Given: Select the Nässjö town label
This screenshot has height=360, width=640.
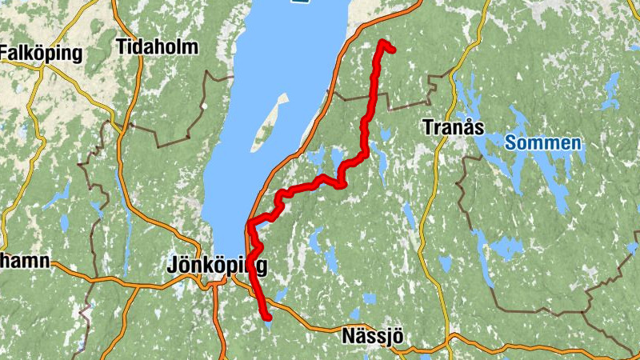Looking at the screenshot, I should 370,334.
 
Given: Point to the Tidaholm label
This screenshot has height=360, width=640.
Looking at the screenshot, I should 157,46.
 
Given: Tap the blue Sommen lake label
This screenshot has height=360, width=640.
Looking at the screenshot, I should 542,143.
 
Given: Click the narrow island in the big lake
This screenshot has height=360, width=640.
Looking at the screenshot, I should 270,122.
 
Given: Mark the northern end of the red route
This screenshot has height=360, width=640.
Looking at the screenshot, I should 383,42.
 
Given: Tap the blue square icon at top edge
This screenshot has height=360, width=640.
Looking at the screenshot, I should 300,2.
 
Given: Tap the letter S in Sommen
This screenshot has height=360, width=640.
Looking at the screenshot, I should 510,143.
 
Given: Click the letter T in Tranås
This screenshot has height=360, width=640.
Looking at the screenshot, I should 427,128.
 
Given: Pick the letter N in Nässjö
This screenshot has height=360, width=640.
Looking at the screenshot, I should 346,334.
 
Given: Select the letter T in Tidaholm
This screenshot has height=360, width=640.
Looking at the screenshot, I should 122,46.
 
